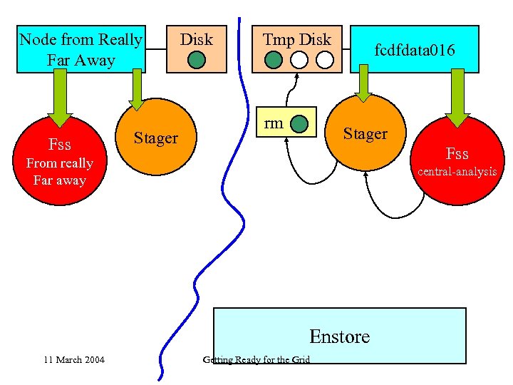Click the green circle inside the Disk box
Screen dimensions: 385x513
click(196, 60)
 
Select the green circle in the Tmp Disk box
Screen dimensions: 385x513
click(273, 60)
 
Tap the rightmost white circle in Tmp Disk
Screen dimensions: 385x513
click(325, 60)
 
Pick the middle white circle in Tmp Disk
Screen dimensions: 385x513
click(299, 60)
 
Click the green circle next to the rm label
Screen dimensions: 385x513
click(302, 124)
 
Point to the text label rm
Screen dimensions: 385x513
click(273, 123)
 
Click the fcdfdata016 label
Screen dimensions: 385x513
click(415, 49)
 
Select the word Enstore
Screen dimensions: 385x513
click(339, 336)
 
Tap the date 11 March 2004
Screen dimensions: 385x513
click(73, 359)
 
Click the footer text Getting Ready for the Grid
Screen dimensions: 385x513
click(256, 359)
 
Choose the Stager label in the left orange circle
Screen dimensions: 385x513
click(156, 138)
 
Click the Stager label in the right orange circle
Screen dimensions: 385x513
click(365, 133)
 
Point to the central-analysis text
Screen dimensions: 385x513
click(457, 171)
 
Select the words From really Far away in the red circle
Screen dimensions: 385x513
click(60, 172)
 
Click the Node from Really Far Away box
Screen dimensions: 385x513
click(81, 49)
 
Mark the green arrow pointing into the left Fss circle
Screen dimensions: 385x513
click(60, 96)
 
